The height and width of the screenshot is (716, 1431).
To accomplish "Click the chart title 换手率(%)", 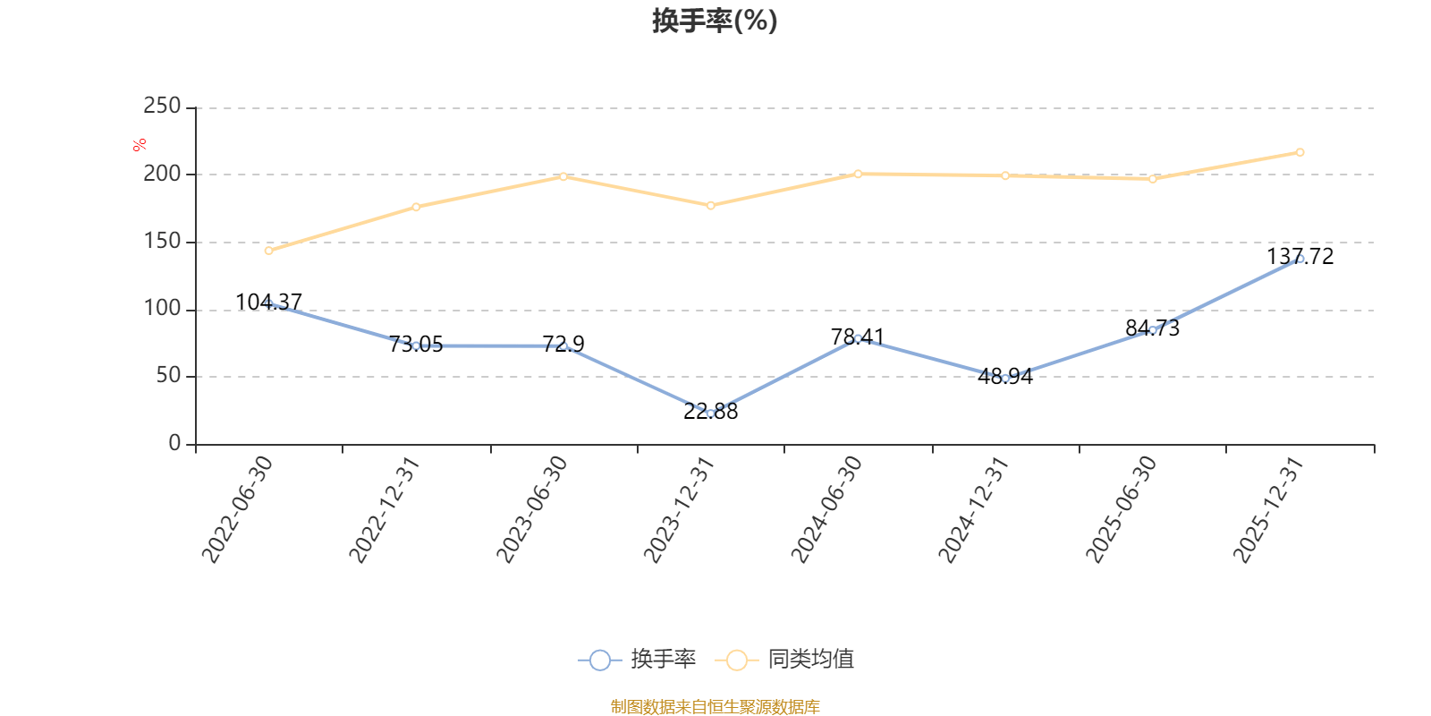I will coord(715,21).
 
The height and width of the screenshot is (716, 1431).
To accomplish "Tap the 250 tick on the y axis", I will coord(162,107).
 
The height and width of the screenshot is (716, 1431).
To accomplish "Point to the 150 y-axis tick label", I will coord(162,242).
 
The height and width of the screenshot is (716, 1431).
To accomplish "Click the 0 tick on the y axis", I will coord(174,444).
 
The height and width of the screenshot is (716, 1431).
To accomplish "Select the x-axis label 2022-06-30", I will coord(237,509).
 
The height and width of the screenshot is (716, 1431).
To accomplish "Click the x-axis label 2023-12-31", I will coord(680,509).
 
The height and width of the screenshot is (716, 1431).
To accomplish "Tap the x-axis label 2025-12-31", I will coord(1269,509).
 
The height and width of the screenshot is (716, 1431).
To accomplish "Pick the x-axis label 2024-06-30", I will coord(826,509).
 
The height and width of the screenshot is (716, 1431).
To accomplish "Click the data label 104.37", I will coord(268,302).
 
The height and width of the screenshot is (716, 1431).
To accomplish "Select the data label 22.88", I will coord(711,412).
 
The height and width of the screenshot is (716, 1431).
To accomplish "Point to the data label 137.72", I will coord(1300,257).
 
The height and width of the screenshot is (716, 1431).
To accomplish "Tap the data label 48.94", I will coord(1005,376).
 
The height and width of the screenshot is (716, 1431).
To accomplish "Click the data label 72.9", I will coord(563,344).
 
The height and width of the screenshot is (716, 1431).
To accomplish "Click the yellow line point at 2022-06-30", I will coord(268,251).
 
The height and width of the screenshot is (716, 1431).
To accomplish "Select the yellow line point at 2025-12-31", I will coord(1300,152).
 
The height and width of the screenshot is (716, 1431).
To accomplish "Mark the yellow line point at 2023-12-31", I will coord(711,206).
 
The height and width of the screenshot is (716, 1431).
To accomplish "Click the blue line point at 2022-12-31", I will coord(416,345).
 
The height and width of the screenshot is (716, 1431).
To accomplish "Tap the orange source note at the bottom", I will coord(715,707).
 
